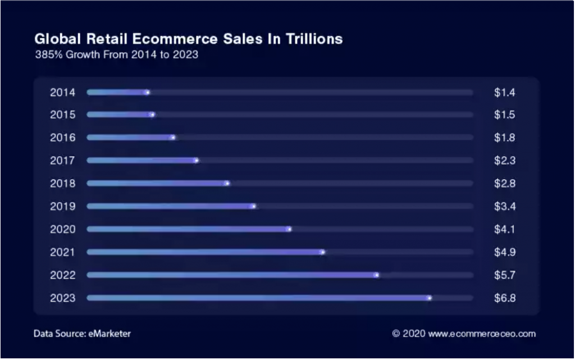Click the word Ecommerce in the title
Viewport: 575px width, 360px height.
coord(175,39)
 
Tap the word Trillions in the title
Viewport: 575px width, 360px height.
coord(314,39)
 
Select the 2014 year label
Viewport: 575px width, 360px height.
coord(63,92)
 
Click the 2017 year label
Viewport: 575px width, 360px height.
coord(63,161)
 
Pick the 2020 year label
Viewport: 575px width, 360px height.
coord(63,230)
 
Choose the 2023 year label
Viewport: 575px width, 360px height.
coord(63,298)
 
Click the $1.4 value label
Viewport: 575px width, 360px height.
coord(505,92)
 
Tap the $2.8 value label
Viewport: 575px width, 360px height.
coord(505,183)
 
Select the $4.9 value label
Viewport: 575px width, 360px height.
coord(505,252)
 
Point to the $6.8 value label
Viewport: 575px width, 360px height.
coord(505,298)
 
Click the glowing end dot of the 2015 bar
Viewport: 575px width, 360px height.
coord(153,115)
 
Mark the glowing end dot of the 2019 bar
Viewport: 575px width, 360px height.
coord(253,206)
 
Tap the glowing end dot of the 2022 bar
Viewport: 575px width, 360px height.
coord(377,275)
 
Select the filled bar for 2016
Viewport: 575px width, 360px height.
coord(131,138)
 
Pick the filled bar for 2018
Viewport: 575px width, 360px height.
coord(158,183)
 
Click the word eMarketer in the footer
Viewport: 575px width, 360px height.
coord(109,334)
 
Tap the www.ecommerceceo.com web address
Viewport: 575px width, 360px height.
coord(482,334)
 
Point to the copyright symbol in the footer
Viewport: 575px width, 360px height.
coord(396,334)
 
